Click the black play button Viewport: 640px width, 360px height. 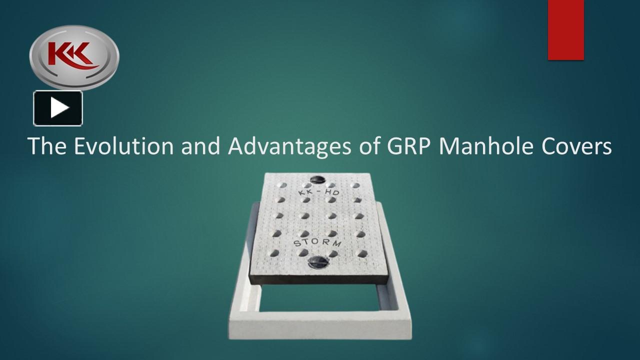58,108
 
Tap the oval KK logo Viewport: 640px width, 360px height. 74,57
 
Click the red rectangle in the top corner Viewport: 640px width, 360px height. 565,30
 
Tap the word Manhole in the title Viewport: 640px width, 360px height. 488,145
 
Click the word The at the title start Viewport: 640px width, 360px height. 47,145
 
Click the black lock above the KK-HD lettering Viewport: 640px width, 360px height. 317,179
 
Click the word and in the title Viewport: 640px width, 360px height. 200,145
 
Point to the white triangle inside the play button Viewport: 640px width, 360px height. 59,108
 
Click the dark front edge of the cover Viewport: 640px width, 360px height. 320,279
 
